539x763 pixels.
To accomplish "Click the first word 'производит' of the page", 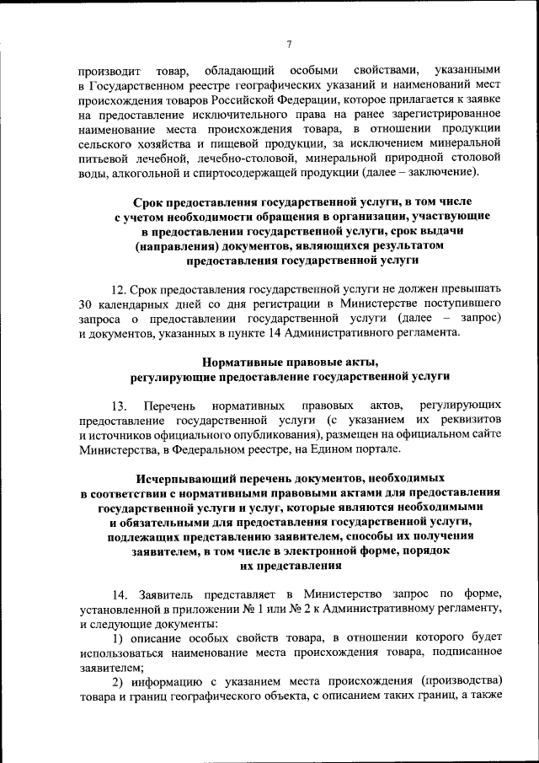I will tap(107, 69).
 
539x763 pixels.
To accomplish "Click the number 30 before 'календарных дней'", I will tap(87, 302).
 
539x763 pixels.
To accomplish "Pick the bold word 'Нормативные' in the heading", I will tap(246, 361).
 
